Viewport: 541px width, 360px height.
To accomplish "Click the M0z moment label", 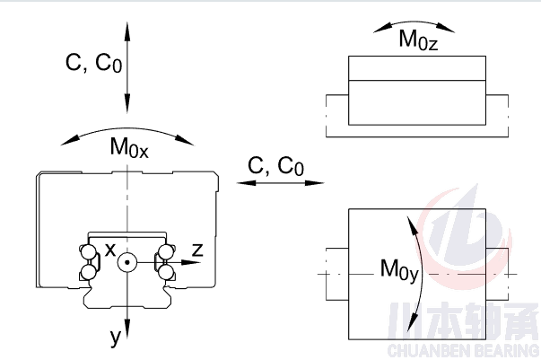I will pos(419,41).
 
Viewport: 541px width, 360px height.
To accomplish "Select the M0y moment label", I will pos(399,268).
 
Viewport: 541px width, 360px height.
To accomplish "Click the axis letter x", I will pos(110,250).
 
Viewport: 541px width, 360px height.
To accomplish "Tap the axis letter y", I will pos(115,337).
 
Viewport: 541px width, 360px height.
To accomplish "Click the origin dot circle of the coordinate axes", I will pos(128,263).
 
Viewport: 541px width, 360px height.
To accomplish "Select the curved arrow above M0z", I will pos(414,24).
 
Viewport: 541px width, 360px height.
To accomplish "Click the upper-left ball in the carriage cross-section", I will pos(88,252).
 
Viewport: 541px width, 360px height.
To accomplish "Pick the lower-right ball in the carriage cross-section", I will pos(166,271).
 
